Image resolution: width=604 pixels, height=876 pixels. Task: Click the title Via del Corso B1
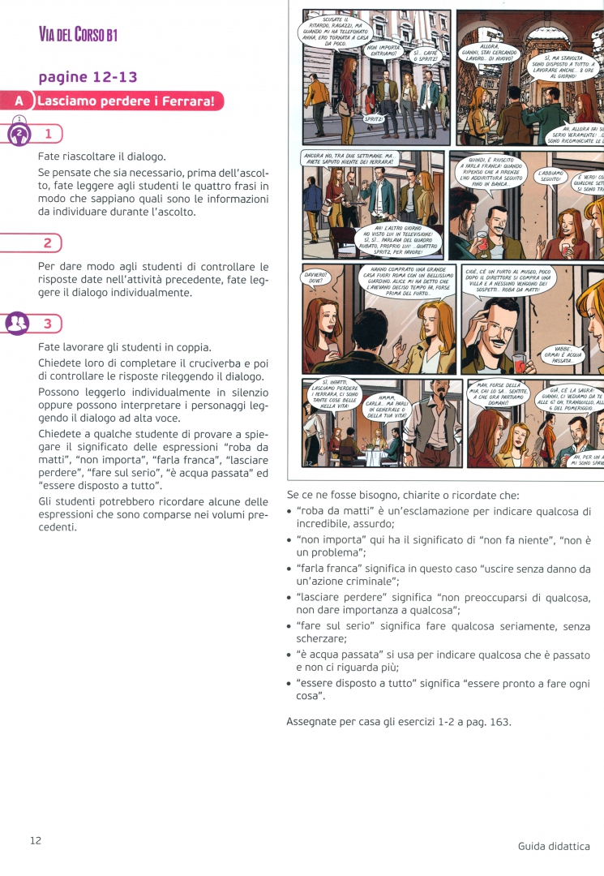pos(79,33)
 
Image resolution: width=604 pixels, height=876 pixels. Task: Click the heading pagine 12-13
pos(88,77)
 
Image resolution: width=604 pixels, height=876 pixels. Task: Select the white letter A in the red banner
pos(19,101)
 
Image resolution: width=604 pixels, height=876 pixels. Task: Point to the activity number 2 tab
pos(49,243)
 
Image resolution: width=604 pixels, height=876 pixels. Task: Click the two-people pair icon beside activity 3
pos(17,324)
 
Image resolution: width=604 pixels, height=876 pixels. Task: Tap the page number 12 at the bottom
pos(36,840)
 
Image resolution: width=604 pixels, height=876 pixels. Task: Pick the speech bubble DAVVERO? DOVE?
pos(315,278)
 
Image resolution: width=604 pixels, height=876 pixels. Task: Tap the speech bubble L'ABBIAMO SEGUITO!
pos(554,176)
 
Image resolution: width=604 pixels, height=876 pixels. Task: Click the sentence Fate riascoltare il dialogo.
pos(101,157)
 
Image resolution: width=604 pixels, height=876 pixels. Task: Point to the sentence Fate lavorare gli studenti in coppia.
pos(124,346)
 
